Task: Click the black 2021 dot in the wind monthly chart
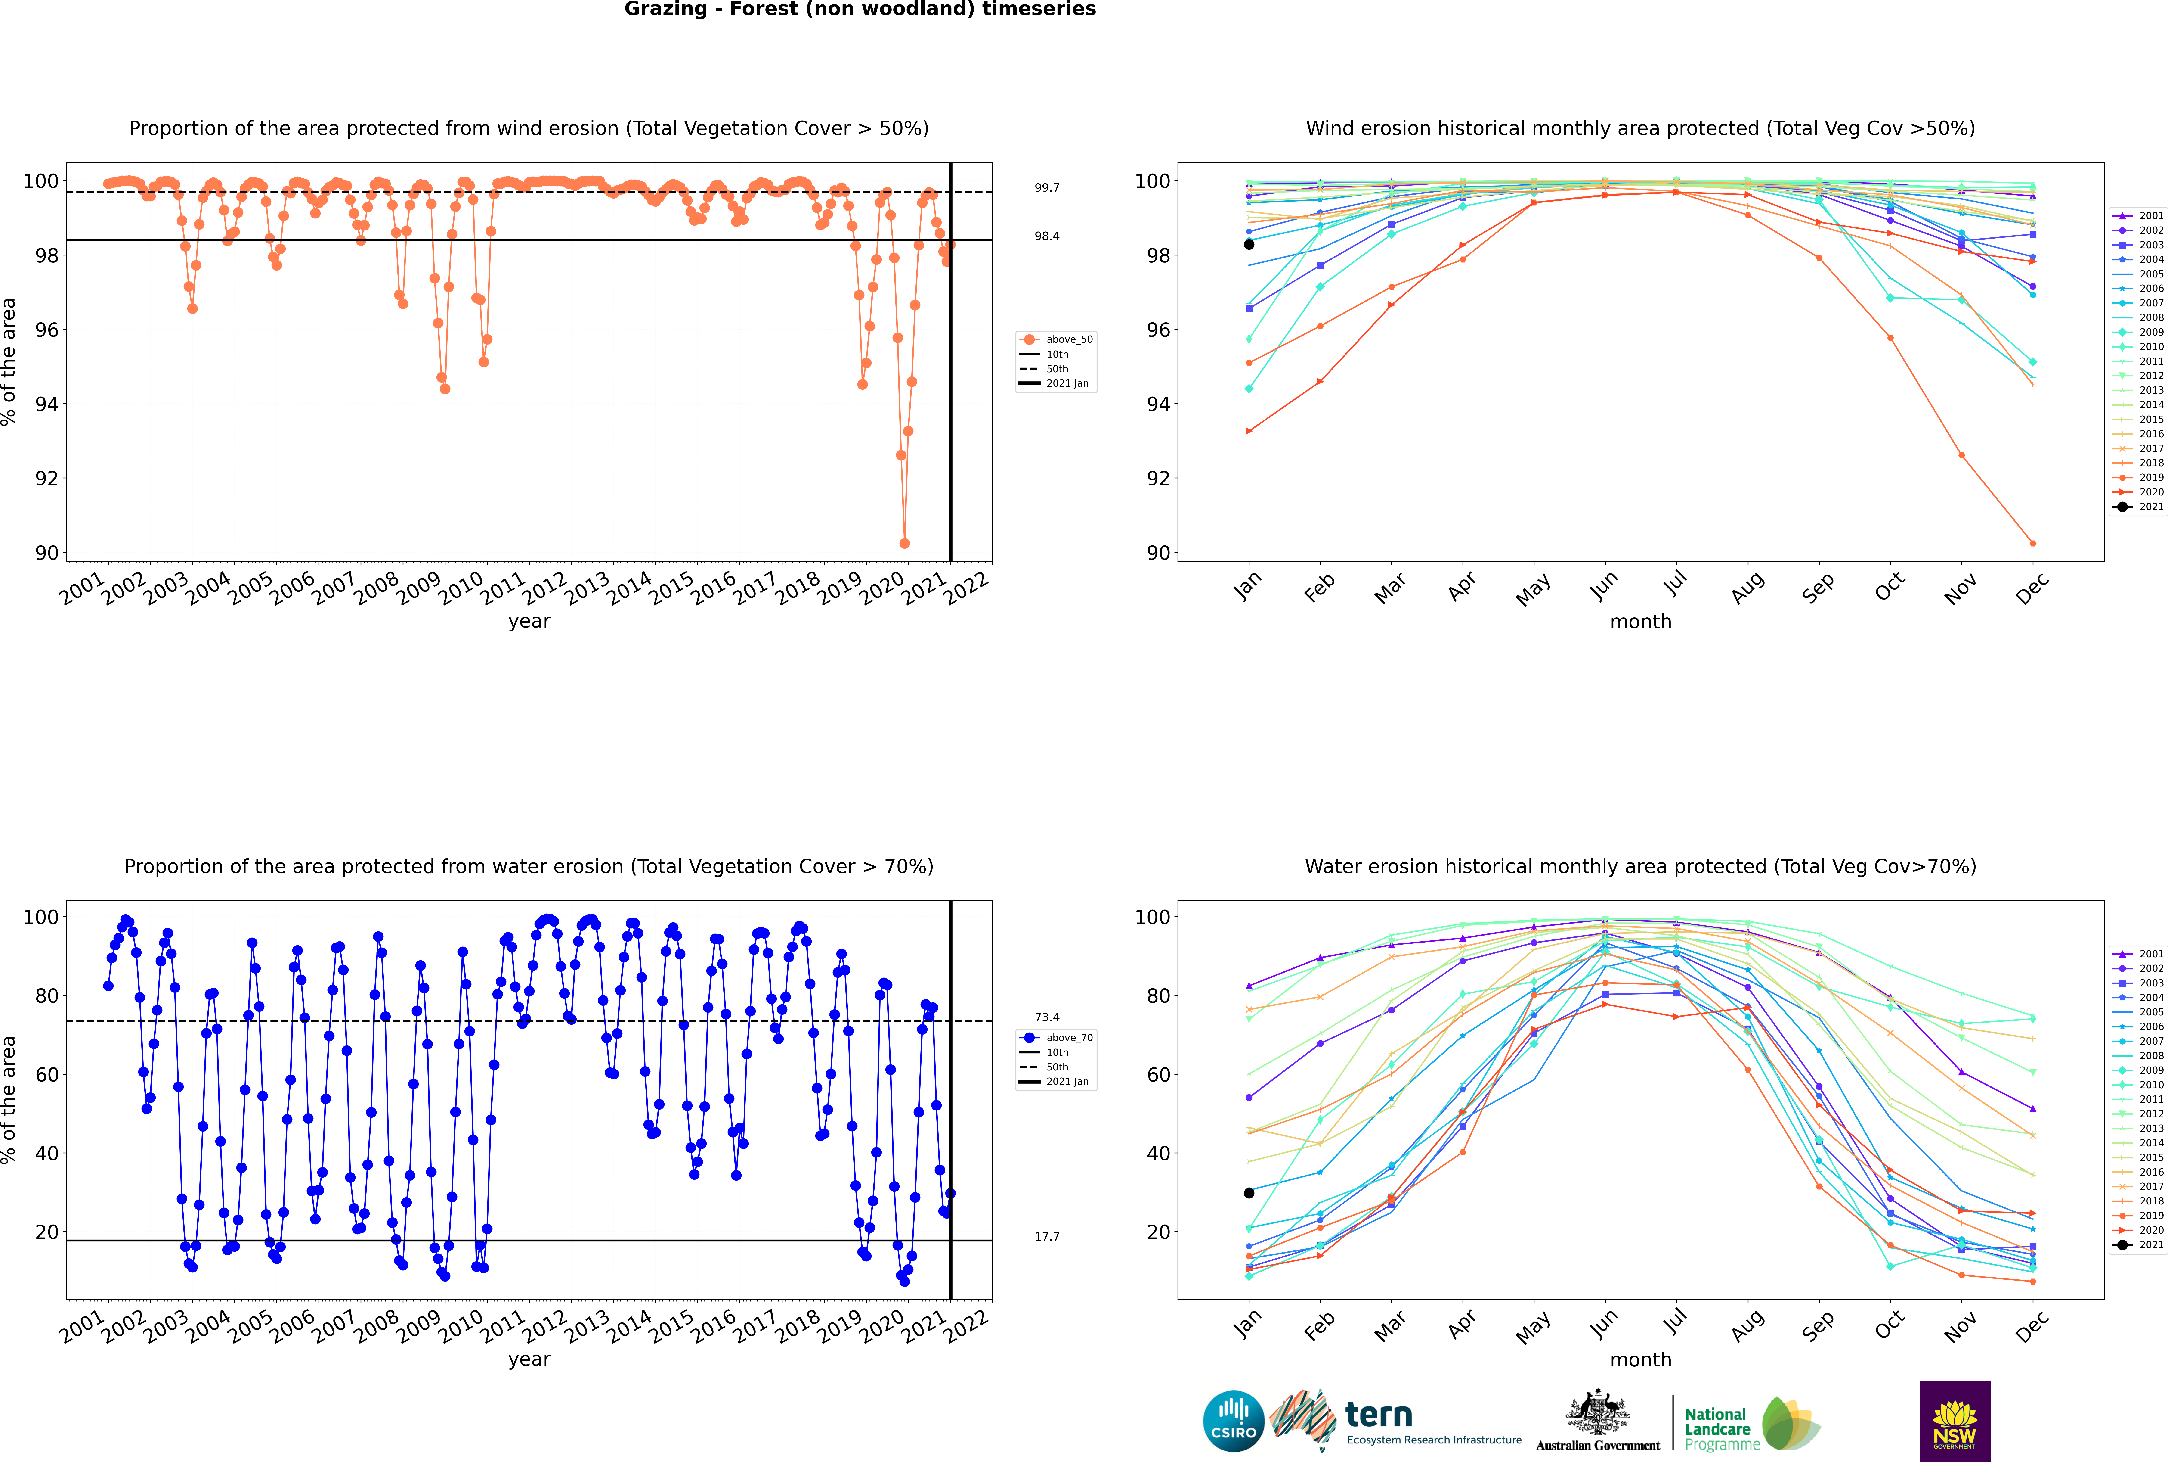click(x=1249, y=244)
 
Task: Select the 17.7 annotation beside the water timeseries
click(x=1047, y=1236)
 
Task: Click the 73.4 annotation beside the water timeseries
click(x=1047, y=1017)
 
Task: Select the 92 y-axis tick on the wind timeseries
click(x=46, y=478)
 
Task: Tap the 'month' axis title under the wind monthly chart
click(x=1640, y=622)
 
